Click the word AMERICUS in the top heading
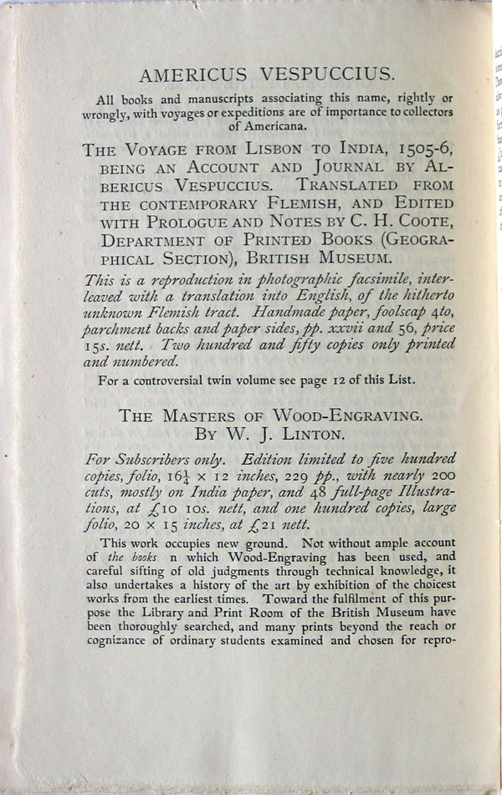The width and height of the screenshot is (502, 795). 187,75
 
